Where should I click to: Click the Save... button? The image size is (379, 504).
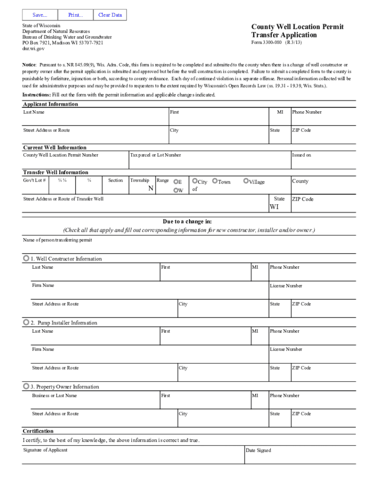click(x=40, y=15)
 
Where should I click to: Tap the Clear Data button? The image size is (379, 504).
click(x=110, y=15)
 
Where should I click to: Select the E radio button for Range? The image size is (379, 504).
click(x=176, y=182)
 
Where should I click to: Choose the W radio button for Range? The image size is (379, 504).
click(x=176, y=190)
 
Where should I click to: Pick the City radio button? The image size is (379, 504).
click(x=195, y=181)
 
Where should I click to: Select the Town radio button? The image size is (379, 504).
click(x=215, y=181)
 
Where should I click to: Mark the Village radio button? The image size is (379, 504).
click(x=246, y=181)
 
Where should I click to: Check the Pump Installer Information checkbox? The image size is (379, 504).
click(x=26, y=322)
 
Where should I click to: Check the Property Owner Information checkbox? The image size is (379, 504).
click(x=26, y=386)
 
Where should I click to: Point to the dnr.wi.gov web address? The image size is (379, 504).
click(x=33, y=49)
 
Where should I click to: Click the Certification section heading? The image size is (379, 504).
click(x=38, y=431)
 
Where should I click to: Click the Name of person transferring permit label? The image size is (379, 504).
click(x=57, y=240)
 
